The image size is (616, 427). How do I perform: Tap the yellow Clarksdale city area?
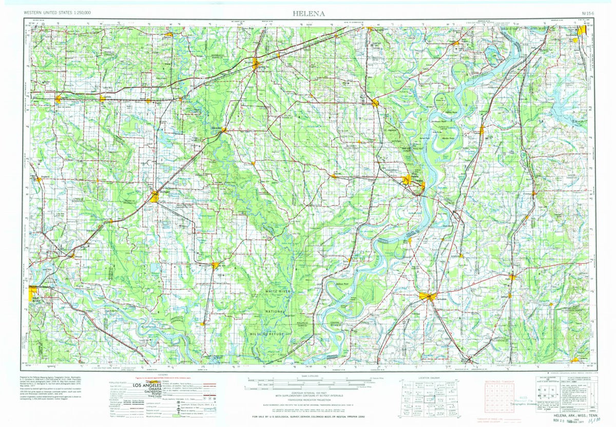coord(427,296)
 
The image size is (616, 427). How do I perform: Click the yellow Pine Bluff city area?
coord(34,293)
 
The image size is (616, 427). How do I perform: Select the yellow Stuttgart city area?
coord(155,196)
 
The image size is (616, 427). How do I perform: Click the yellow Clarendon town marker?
coord(223,131)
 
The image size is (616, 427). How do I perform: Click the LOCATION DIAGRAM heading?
coord(429,378)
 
